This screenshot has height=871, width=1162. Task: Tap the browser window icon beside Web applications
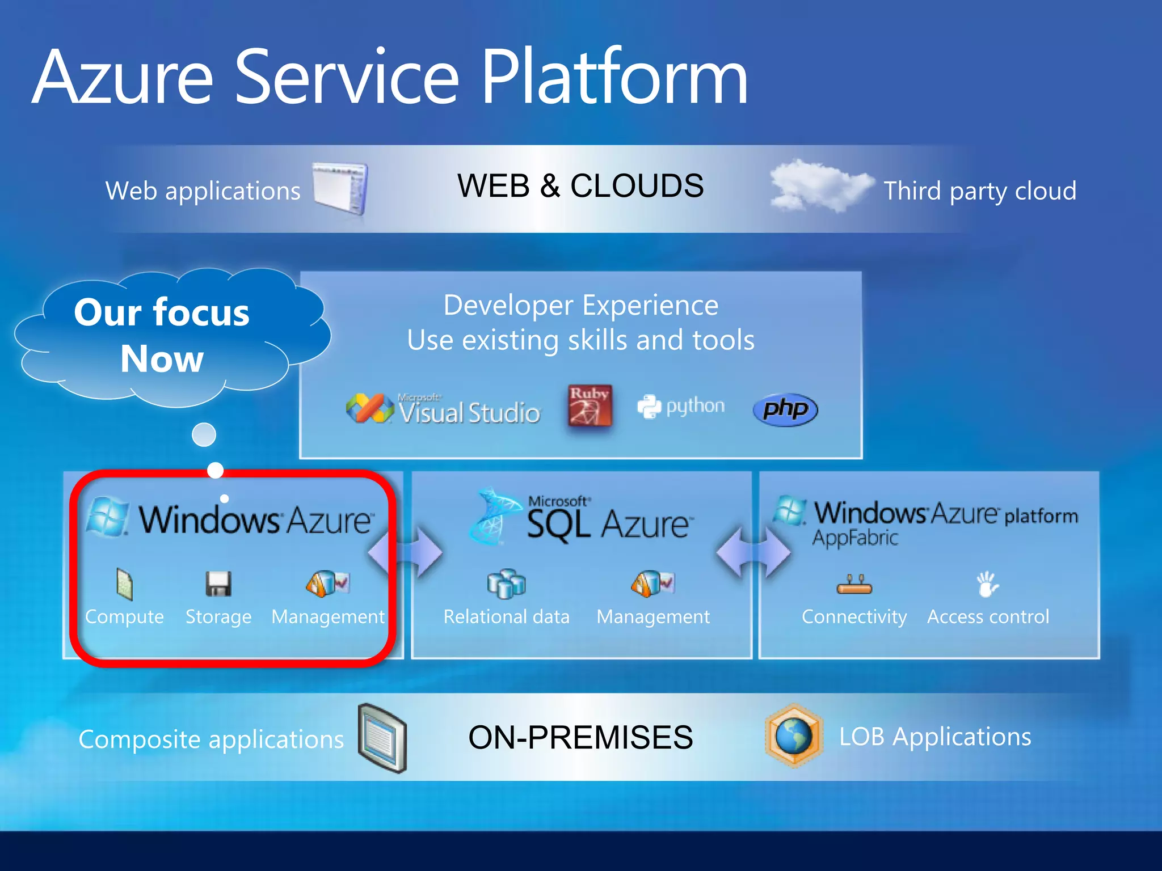340,188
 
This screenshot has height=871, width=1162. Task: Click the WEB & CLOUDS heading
580,186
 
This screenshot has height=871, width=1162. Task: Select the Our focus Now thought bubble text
162,335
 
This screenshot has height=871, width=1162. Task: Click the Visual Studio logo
443,409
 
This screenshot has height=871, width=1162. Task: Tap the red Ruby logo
590,405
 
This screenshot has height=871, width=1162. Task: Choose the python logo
681,407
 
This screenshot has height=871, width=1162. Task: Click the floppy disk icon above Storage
218,584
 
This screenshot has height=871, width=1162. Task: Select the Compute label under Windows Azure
124,616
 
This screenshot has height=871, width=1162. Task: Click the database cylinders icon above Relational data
506,584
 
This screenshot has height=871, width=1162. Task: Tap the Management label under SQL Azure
652,616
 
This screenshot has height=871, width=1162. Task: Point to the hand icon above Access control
987,584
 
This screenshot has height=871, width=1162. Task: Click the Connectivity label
854,616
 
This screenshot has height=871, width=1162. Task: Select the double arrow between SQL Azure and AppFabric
753,552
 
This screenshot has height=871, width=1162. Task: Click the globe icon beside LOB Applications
794,736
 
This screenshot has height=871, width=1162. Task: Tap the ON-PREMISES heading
580,737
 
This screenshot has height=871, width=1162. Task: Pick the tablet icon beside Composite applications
382,738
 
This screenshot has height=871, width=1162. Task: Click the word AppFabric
855,538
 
